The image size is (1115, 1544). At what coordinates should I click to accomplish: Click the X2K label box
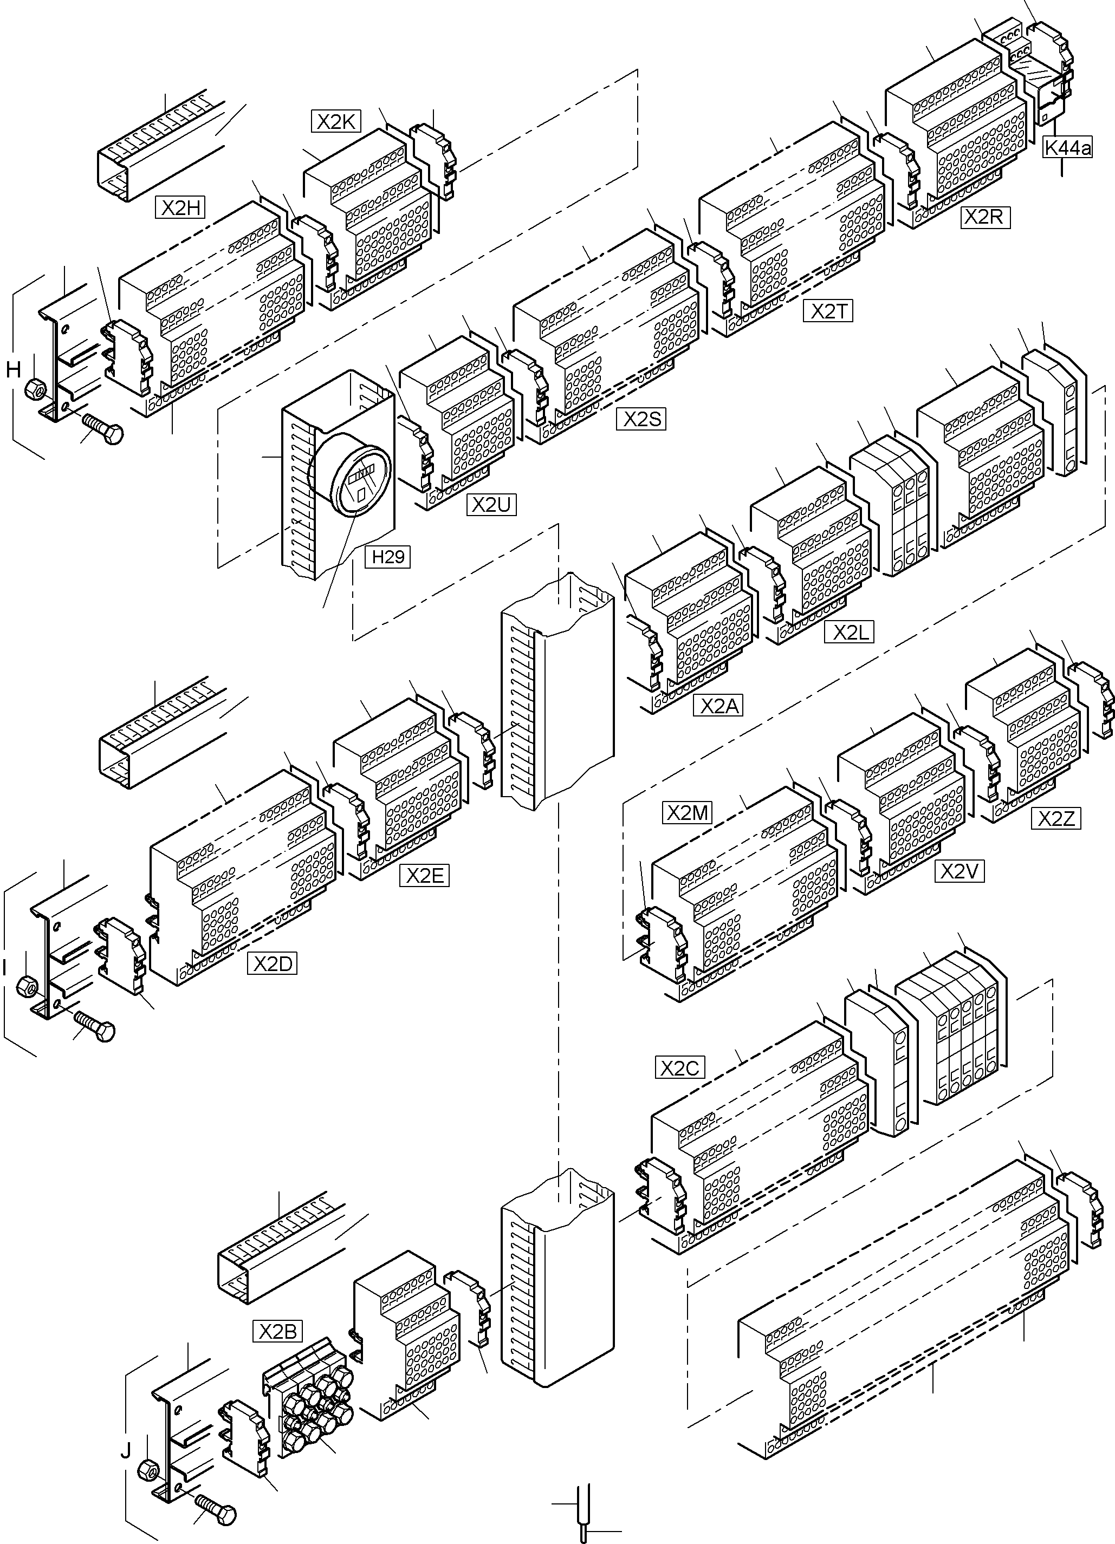(x=336, y=121)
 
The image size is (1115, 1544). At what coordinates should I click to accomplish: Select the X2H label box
(x=180, y=207)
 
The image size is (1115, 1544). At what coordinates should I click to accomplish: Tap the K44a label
(x=1067, y=148)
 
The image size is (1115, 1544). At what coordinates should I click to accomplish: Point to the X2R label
(x=984, y=217)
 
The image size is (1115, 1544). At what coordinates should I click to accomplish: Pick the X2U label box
(x=491, y=505)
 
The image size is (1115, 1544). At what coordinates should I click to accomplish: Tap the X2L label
(x=848, y=633)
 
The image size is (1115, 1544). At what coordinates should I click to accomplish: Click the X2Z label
(x=1055, y=818)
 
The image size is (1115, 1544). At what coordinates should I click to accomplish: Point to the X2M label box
(x=687, y=813)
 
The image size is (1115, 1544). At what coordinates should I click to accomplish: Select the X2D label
(x=273, y=964)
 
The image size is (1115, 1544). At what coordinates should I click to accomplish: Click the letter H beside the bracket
(x=13, y=370)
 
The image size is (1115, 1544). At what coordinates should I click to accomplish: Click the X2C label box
(x=680, y=1067)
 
